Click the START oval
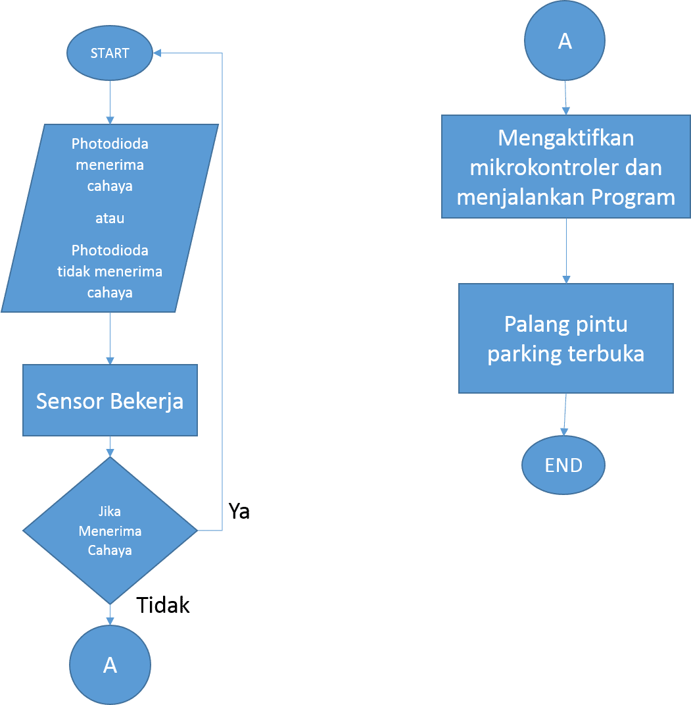tap(110, 53)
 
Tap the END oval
tap(563, 465)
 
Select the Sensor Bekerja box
tap(110, 401)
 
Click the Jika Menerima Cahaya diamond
tap(110, 531)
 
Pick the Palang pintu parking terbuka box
tap(565, 338)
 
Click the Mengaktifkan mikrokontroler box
tap(565, 167)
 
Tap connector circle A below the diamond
tap(110, 665)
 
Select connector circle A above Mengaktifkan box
tap(565, 41)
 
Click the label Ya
tap(239, 511)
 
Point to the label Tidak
tap(163, 605)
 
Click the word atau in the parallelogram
tap(110, 219)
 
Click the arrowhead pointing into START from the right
tap(158, 53)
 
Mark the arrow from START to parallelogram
tap(110, 102)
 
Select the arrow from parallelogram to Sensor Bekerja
tap(110, 338)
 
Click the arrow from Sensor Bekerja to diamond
tap(110, 447)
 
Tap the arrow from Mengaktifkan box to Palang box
tap(566, 251)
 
